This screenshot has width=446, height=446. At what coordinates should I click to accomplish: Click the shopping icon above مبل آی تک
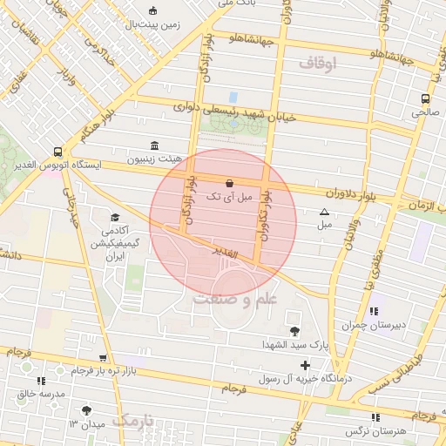point(229,183)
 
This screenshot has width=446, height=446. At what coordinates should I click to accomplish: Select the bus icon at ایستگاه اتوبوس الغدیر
point(57,150)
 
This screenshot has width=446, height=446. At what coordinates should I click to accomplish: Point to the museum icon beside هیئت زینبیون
point(154,145)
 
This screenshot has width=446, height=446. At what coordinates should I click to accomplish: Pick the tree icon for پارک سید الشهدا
point(294,330)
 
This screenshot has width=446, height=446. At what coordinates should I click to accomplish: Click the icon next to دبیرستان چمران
point(375,311)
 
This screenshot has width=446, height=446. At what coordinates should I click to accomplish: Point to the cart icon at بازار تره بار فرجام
point(104,358)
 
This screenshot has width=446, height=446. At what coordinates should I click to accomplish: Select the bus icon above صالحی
point(425,98)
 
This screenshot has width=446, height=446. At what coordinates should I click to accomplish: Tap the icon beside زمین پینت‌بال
point(154,11)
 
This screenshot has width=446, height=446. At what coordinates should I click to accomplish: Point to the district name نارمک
point(138,421)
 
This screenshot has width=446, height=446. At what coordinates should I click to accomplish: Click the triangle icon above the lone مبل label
point(325,212)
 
